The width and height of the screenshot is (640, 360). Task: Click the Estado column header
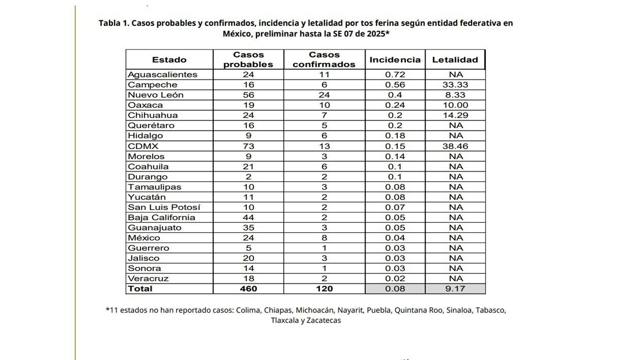(169, 59)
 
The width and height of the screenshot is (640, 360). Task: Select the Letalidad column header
(455, 59)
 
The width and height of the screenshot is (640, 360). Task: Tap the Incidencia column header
(395, 59)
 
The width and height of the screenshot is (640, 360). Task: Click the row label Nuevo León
(155, 95)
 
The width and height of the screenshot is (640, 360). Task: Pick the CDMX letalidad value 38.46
(455, 146)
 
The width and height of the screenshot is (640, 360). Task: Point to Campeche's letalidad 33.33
(455, 85)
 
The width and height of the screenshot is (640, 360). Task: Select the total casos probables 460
(248, 288)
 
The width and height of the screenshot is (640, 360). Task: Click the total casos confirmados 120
(324, 288)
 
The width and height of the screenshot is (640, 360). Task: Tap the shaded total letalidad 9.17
(455, 288)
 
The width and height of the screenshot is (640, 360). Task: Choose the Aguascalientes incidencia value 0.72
(395, 74)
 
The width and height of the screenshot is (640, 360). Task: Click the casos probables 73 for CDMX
(248, 146)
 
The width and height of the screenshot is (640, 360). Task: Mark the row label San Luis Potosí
(164, 207)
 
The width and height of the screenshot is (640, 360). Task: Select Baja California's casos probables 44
(248, 217)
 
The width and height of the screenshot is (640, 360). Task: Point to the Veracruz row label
(148, 278)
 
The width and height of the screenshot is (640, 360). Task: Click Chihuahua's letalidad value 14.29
(455, 115)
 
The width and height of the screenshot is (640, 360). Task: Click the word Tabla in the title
(109, 23)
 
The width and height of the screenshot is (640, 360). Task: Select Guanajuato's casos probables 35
(248, 227)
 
